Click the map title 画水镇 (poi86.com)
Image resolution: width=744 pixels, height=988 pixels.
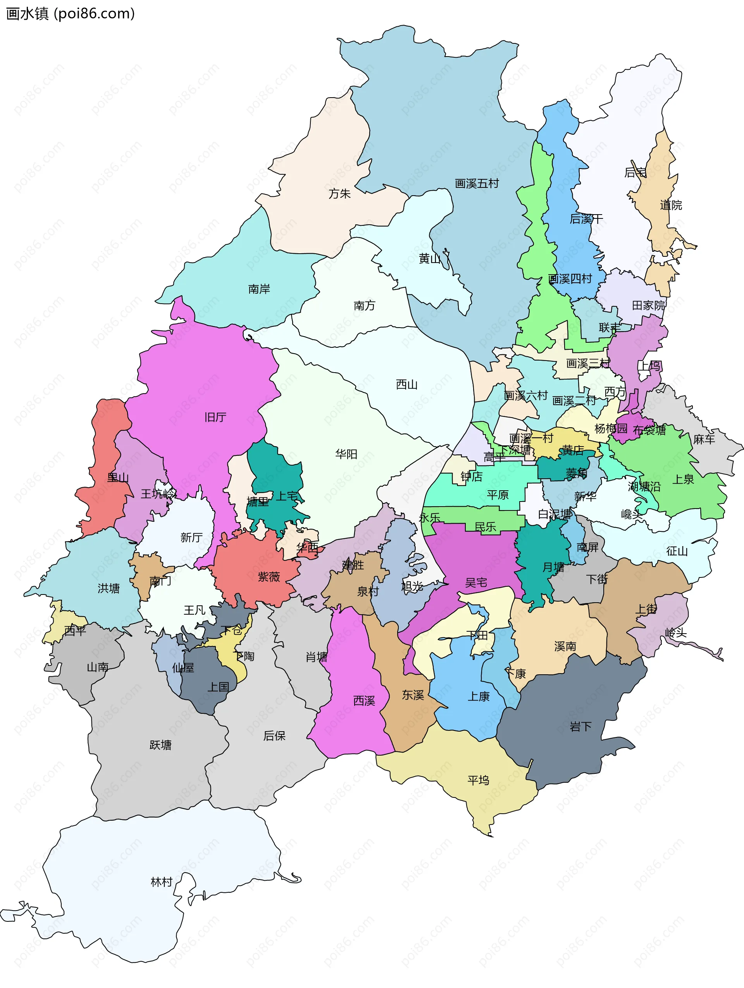70,14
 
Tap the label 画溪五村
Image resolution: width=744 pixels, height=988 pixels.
476,184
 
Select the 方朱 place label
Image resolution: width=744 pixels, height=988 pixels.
339,193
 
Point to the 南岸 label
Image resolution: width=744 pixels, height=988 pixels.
259,289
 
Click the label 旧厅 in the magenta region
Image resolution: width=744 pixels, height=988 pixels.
215,417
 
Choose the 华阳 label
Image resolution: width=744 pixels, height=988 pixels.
346,454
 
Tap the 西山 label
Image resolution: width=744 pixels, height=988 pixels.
406,385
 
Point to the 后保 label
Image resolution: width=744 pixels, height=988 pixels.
274,735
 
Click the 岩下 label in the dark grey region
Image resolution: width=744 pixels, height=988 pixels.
580,727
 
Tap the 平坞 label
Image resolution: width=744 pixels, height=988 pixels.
478,780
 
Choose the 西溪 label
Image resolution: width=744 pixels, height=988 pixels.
364,701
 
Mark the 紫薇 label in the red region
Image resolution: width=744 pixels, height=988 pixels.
269,577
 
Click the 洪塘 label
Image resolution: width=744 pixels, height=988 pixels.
108,588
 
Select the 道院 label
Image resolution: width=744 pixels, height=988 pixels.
671,205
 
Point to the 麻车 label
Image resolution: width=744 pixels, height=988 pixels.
704,440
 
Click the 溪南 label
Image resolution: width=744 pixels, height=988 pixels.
565,646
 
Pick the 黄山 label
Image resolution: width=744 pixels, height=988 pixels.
429,259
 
